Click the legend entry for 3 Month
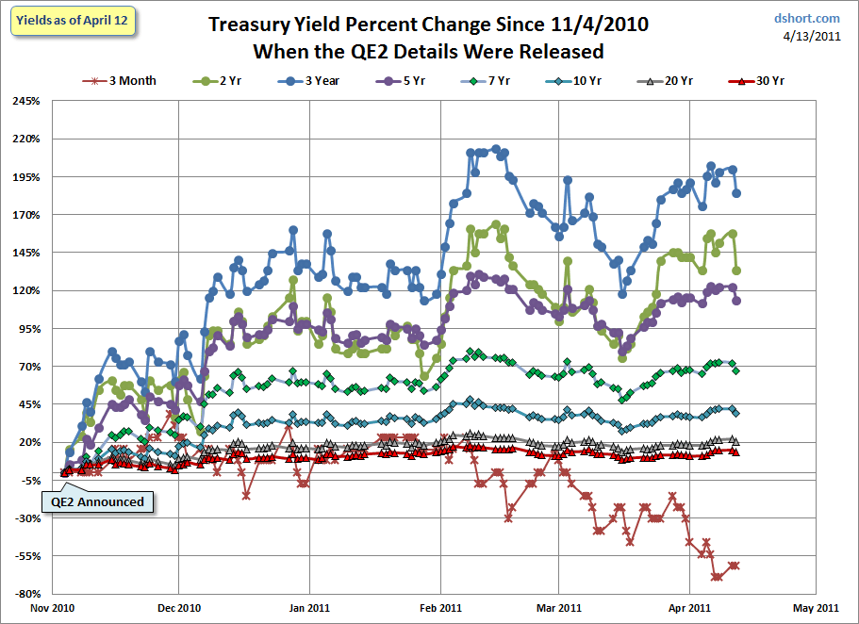[x=120, y=81]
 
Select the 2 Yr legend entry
[x=218, y=81]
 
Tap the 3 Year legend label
[x=309, y=81]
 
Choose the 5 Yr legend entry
[x=401, y=81]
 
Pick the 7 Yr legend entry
[x=486, y=81]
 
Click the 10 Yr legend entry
[x=573, y=81]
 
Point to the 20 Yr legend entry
[x=665, y=81]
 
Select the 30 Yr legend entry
[x=756, y=81]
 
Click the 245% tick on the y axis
[x=26, y=102]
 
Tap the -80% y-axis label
[x=27, y=594]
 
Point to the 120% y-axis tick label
[x=26, y=291]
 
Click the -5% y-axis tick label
[x=29, y=481]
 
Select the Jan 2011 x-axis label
[x=309, y=608]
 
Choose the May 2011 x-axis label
[x=816, y=608]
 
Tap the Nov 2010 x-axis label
[x=53, y=608]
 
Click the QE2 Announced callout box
[x=97, y=501]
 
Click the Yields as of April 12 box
[x=72, y=21]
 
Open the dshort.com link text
[x=806, y=19]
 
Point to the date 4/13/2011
[x=812, y=36]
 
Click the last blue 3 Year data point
[x=736, y=193]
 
